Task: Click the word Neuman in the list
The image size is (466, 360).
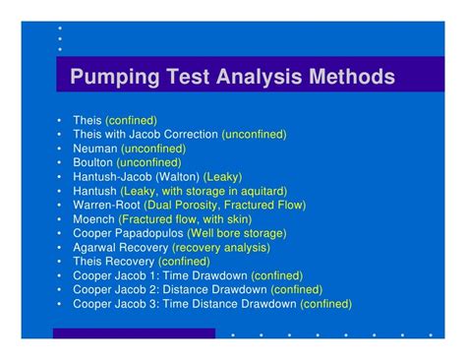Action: [x=93, y=148]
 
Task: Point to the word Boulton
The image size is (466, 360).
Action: [x=92, y=162]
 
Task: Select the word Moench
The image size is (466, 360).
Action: [x=93, y=219]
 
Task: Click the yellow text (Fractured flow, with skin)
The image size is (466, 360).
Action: [x=184, y=219]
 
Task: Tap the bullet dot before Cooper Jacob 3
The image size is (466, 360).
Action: [x=60, y=305]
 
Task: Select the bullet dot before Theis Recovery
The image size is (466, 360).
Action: [x=60, y=262]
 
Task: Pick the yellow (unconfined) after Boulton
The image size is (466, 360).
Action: [x=148, y=162]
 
